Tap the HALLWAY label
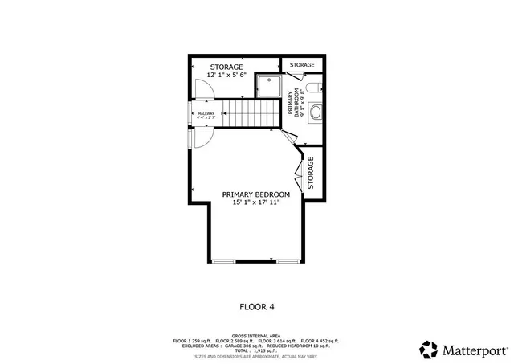(206, 114)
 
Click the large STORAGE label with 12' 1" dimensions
(232, 67)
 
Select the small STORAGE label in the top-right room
(302, 64)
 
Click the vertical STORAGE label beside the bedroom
(311, 172)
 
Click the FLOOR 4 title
(256, 305)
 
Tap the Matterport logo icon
(429, 350)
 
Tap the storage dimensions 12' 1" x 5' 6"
(232, 75)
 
